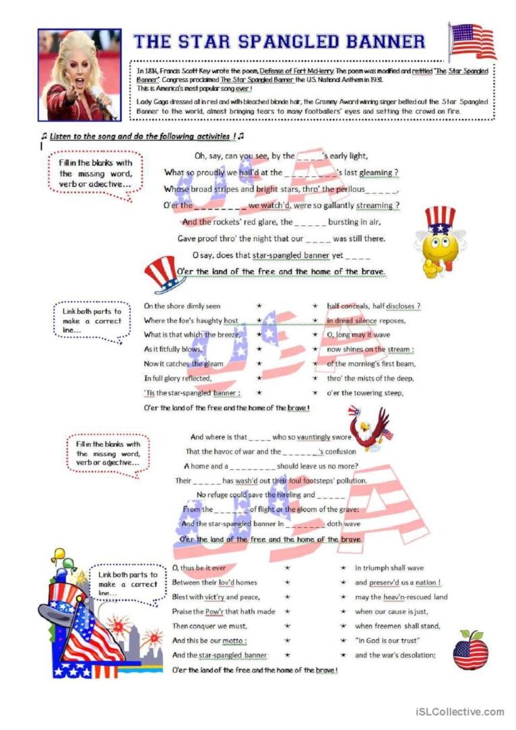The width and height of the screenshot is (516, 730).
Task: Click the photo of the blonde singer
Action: point(79,74)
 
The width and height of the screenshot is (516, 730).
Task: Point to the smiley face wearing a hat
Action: point(439,242)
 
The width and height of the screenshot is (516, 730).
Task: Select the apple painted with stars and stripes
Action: point(470,650)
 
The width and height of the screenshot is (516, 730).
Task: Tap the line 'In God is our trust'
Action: point(388,640)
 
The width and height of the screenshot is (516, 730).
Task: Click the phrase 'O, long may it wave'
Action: point(358,335)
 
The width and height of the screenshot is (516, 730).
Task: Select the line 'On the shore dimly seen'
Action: point(182,306)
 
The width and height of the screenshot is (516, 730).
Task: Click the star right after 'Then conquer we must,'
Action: point(288,626)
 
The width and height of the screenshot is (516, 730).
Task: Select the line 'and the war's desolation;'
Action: point(395,655)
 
